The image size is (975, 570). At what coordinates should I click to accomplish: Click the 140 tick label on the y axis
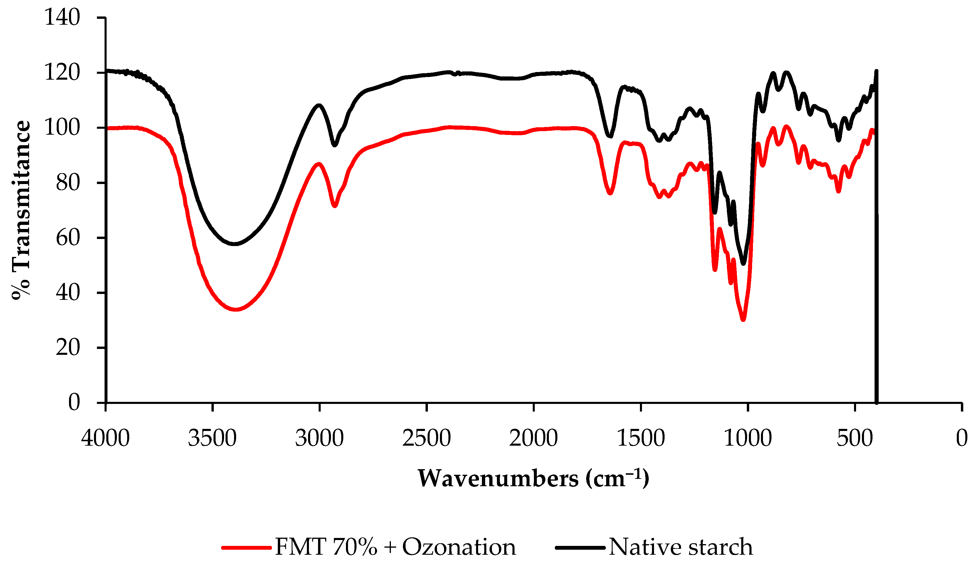click(x=62, y=18)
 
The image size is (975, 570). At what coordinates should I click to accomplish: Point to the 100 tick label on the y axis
click(x=62, y=128)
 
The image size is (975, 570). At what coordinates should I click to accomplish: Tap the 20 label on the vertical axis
click(x=68, y=348)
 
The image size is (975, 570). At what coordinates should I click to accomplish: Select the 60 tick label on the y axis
click(x=68, y=238)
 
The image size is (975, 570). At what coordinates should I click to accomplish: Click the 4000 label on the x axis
click(x=105, y=438)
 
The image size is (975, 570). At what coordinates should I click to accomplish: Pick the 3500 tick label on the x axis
click(x=212, y=438)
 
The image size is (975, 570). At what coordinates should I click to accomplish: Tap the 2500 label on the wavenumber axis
click(x=426, y=438)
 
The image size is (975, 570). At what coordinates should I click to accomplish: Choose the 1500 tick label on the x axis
click(x=641, y=438)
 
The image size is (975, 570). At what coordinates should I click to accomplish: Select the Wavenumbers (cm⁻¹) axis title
click(x=533, y=479)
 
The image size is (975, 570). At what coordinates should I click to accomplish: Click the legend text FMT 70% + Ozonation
click(x=395, y=547)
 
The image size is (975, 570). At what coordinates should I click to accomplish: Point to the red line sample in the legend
click(x=246, y=548)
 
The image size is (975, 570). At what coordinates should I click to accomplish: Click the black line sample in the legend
click(x=580, y=548)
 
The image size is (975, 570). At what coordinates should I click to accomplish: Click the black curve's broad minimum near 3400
click(x=234, y=244)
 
